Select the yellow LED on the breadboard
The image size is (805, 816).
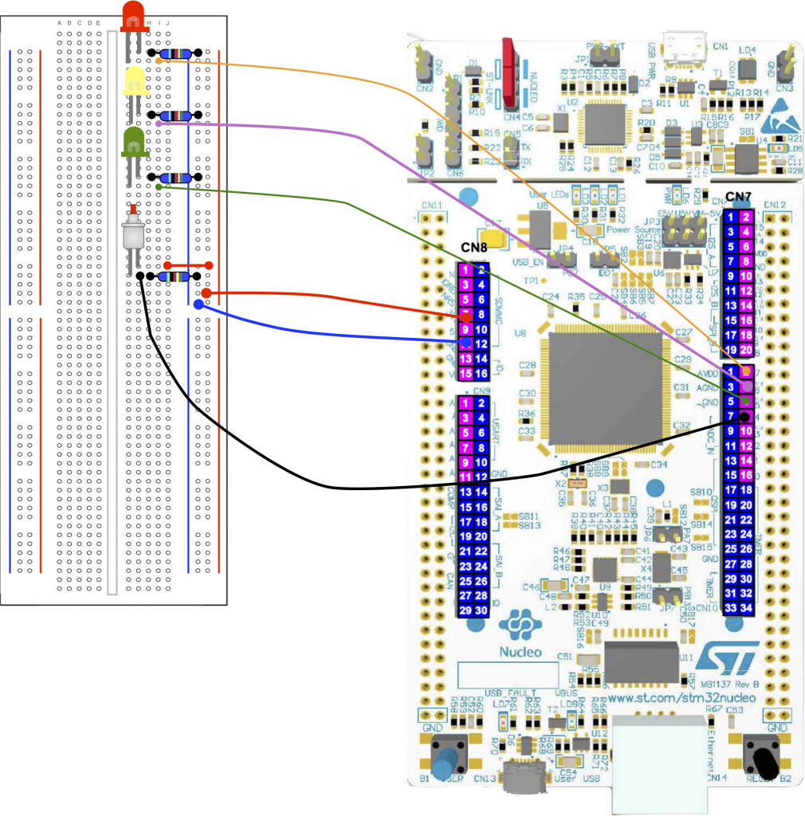[x=135, y=81]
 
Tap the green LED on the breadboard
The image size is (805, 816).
[x=133, y=141]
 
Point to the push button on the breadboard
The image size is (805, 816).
[x=133, y=233]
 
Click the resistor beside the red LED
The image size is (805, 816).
[x=174, y=53]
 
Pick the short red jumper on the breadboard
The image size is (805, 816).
[x=187, y=265]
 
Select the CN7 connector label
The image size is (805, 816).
[x=738, y=198]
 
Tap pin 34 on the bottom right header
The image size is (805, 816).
[x=746, y=609]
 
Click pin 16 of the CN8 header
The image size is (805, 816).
[x=481, y=374]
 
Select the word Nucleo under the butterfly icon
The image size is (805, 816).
[x=522, y=651]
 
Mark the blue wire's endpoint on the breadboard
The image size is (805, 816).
[x=197, y=304]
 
